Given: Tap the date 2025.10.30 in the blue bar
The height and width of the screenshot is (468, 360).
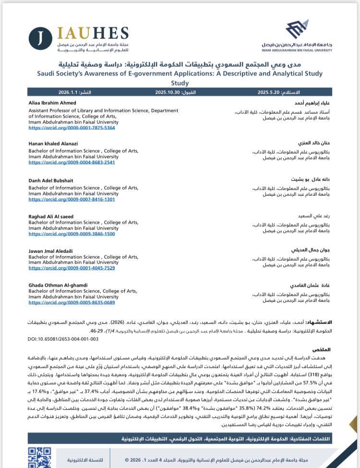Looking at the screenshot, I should (x=168, y=91).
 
